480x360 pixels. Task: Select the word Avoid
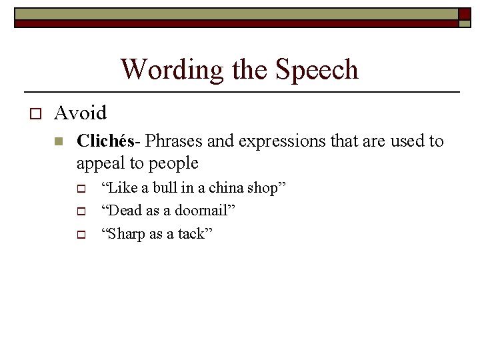tap(80, 113)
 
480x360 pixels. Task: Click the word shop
tap(266, 189)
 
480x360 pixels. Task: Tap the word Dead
tap(123, 211)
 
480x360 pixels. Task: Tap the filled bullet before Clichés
tap(59, 141)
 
